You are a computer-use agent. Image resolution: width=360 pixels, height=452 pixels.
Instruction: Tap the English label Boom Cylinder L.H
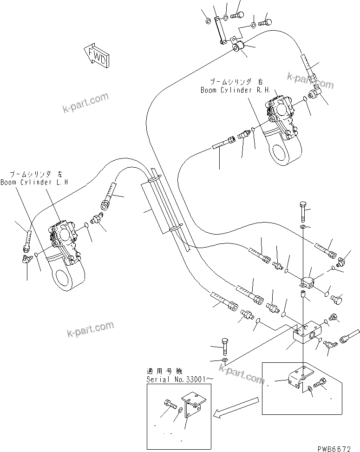34,183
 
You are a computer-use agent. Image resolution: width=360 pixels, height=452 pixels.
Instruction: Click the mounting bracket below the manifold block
295,380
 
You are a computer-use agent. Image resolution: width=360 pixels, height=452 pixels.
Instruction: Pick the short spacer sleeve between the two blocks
303,295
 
